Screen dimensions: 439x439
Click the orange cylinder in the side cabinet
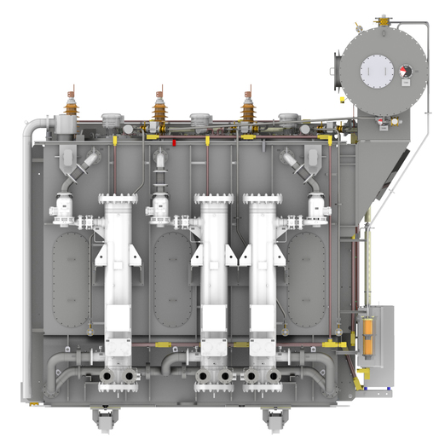(368, 336)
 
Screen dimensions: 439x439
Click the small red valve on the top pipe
(174, 143)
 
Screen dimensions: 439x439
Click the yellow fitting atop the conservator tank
(381, 18)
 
